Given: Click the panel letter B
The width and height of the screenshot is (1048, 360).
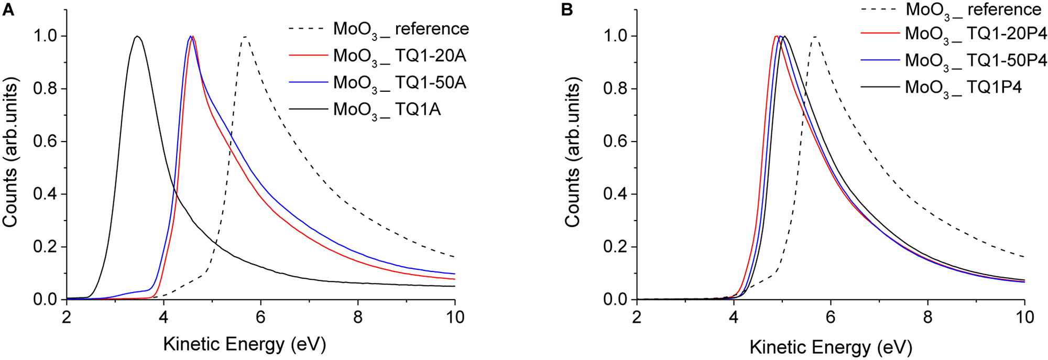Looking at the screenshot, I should pyautogui.click(x=567, y=10).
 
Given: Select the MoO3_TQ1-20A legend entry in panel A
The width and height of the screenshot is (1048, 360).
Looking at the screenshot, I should pyautogui.click(x=399, y=56).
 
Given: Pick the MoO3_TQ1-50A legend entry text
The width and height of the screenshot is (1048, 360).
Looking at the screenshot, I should pyautogui.click(x=399, y=83).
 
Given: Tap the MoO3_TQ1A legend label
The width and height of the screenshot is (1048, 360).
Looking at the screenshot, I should pyautogui.click(x=387, y=111).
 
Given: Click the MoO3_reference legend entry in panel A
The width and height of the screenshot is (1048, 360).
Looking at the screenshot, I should pyautogui.click(x=401, y=29).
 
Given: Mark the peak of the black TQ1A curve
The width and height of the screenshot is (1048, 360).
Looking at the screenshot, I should pyautogui.click(x=137, y=36).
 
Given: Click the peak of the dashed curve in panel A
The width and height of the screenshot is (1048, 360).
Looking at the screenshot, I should pyautogui.click(x=245, y=37).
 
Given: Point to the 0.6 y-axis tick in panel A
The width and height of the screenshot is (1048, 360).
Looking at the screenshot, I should pyautogui.click(x=45, y=142).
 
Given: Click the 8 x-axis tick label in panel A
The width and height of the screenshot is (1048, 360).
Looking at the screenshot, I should pyautogui.click(x=358, y=318).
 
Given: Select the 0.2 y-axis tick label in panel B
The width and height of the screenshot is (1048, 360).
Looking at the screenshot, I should pyautogui.click(x=616, y=247).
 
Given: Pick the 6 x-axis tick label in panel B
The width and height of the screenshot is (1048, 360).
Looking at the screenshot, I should pyautogui.click(x=831, y=318).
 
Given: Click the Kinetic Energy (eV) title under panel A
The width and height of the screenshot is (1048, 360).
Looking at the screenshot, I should pyautogui.click(x=244, y=344).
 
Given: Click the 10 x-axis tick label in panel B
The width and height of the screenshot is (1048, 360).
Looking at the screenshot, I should pyautogui.click(x=1024, y=318).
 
